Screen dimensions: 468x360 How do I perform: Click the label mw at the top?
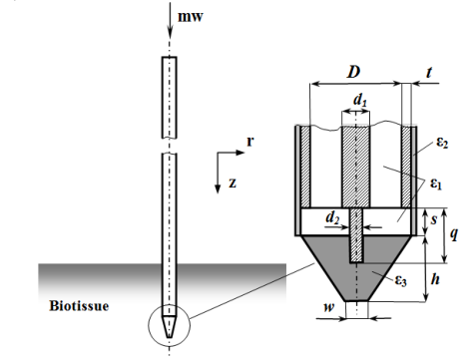pyautogui.click(x=191, y=17)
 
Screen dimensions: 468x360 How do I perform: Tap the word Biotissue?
pyautogui.click(x=79, y=306)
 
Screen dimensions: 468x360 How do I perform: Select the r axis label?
pyautogui.click(x=250, y=142)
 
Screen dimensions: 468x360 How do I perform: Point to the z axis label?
pyautogui.click(x=233, y=183)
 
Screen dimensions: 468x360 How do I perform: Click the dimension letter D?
pyautogui.click(x=354, y=72)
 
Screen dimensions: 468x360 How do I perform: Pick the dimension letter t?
pyautogui.click(x=429, y=72)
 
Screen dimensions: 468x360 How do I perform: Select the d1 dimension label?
pyautogui.click(x=360, y=100)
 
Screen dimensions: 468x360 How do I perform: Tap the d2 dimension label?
pyautogui.click(x=332, y=218)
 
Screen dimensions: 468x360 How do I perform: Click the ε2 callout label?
pyautogui.click(x=442, y=143)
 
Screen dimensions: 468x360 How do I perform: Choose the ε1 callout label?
pyautogui.click(x=436, y=183)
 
